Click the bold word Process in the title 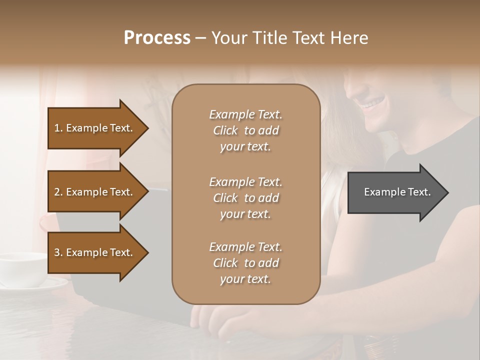(157, 38)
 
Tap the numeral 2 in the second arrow (57, 192)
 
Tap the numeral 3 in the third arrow (57, 252)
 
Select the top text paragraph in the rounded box (245, 130)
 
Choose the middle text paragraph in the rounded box (245, 198)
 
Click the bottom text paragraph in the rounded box (245, 263)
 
